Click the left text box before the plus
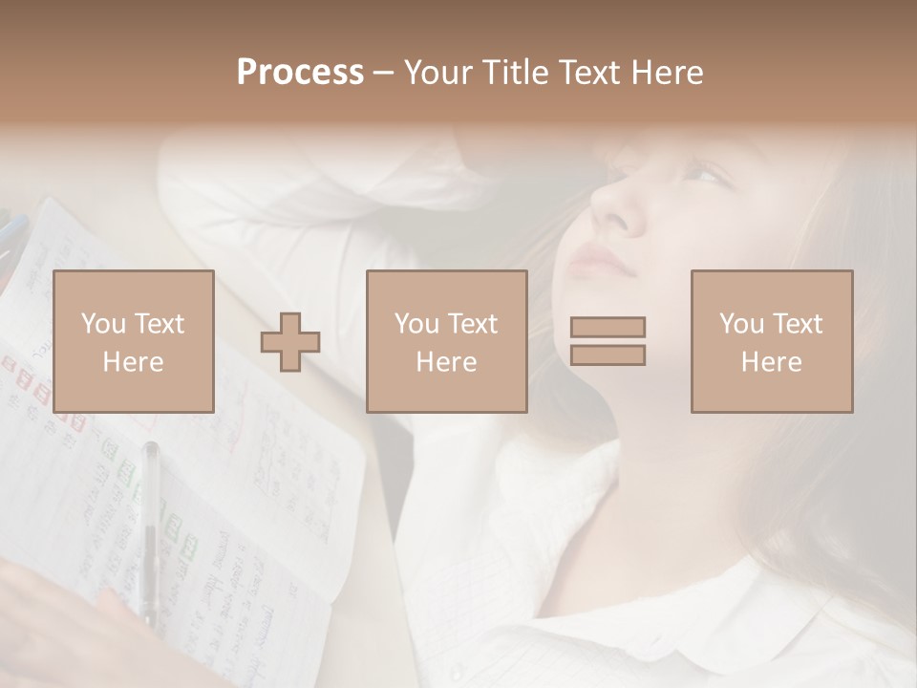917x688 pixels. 133,341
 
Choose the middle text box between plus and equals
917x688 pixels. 446,341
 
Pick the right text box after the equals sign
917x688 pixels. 771,341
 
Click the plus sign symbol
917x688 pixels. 290,341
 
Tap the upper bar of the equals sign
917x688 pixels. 608,327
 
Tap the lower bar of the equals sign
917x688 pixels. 608,355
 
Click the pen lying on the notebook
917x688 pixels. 150,526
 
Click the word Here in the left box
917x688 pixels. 133,362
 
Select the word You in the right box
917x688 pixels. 741,324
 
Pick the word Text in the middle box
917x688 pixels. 473,324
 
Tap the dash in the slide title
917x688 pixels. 384,74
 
